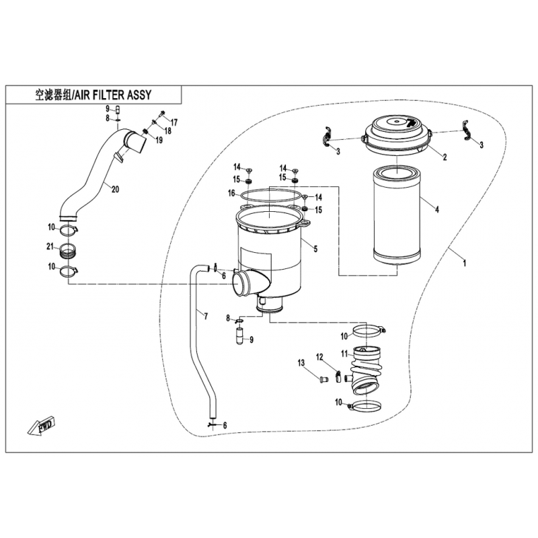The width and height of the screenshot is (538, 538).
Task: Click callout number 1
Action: [x=464, y=263]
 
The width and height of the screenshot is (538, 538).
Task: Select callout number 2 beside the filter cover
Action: [x=443, y=157]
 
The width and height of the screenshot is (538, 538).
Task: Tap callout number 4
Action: [x=437, y=210]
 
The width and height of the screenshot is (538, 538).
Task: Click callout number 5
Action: [x=316, y=248]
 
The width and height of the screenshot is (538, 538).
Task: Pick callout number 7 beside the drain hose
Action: [x=206, y=315]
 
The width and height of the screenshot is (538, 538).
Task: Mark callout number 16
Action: [x=231, y=194]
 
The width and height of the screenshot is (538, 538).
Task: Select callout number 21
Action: [x=49, y=248]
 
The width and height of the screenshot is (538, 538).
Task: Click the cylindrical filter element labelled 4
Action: [x=397, y=215]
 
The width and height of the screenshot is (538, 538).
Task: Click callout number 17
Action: [x=174, y=122]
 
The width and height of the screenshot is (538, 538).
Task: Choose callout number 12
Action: [x=320, y=356]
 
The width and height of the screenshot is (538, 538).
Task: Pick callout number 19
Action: [x=159, y=141]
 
